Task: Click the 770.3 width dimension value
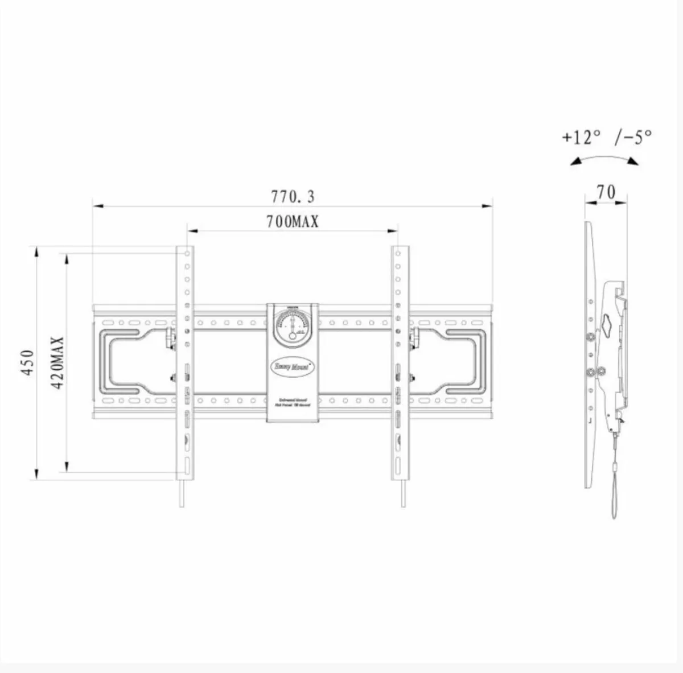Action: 293,197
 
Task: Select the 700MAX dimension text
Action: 293,221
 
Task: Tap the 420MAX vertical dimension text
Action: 57,362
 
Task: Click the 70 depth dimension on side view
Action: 606,192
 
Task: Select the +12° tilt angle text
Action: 581,137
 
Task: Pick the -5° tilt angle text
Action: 633,137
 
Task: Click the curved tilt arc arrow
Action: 605,159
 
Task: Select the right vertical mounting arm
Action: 401,364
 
